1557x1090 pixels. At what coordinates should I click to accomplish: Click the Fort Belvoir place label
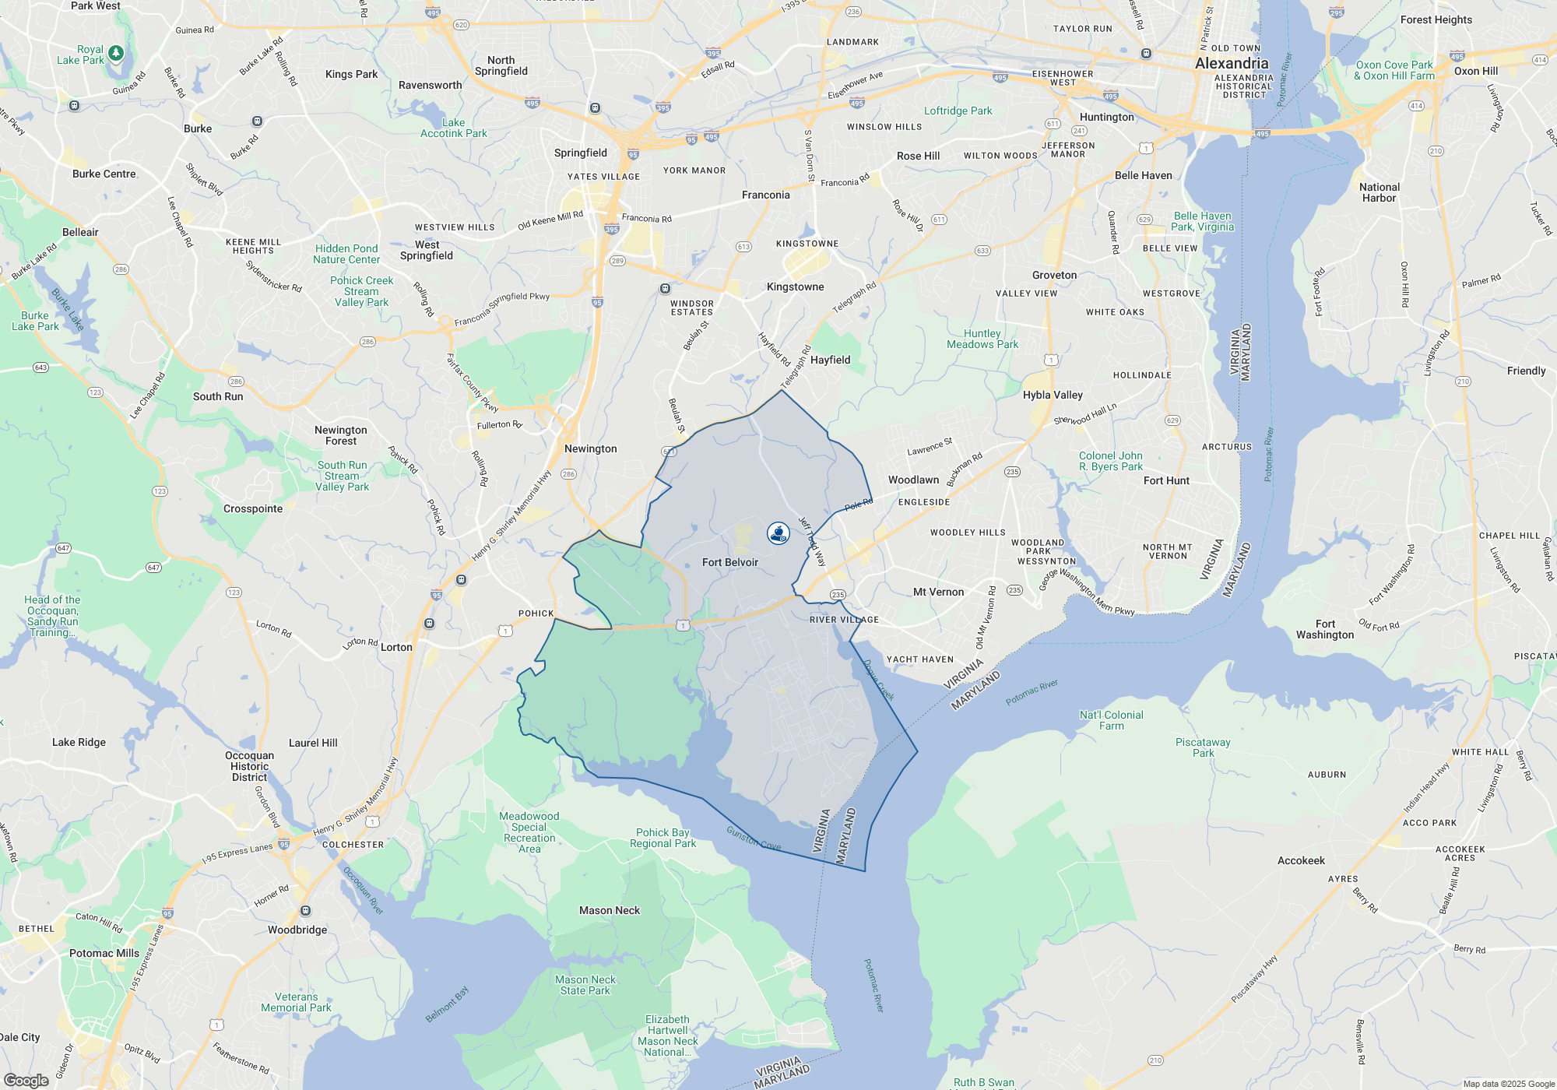729,562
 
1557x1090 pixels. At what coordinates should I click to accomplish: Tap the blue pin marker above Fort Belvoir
778,533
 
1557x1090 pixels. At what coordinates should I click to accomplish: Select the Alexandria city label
1232,63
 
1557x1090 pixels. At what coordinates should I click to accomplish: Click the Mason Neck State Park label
585,985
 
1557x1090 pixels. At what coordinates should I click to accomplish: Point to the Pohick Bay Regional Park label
663,838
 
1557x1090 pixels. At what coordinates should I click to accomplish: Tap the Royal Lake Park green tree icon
116,53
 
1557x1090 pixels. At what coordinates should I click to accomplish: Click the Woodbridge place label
297,930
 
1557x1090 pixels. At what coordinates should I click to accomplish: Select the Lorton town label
396,647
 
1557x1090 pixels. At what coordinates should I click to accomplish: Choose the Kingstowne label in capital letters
807,244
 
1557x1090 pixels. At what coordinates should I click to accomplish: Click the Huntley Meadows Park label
982,339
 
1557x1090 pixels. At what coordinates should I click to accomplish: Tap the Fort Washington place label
1325,629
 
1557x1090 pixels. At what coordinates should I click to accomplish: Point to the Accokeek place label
1301,860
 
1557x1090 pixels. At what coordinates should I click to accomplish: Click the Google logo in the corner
26,1081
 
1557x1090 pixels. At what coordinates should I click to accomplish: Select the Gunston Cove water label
753,839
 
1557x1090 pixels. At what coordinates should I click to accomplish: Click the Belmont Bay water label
447,1004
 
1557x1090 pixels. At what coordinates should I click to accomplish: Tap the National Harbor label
1379,192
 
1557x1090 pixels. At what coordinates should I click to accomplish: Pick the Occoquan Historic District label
249,766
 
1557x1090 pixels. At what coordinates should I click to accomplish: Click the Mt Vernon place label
938,592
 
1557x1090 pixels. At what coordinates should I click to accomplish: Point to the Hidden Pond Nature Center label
346,254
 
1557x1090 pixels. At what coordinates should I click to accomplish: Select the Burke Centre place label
104,174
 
